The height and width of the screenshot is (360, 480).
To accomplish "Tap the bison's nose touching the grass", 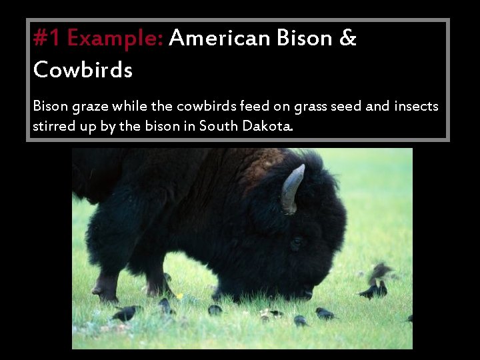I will pyautogui.click(x=305, y=293).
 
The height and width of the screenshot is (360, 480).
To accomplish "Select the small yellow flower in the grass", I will pyautogui.click(x=179, y=296).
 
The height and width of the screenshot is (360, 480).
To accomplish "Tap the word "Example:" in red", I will pyautogui.click(x=115, y=39).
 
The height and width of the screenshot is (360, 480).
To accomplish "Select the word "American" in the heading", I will pyautogui.click(x=219, y=39).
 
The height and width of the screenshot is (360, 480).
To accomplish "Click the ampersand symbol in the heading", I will pyautogui.click(x=348, y=39).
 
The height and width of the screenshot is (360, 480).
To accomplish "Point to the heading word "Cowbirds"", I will pyautogui.click(x=83, y=69).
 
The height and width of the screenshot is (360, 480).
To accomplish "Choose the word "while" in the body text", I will pyautogui.click(x=130, y=105).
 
